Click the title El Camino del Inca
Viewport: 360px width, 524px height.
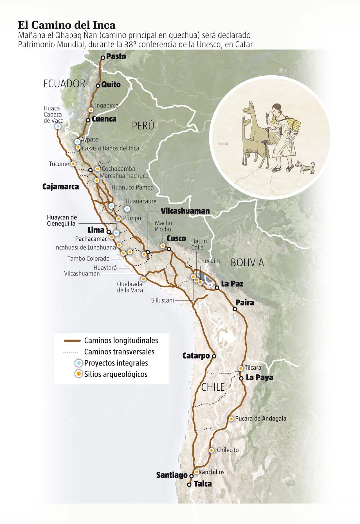click(x=66, y=25)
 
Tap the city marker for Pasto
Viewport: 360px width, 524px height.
click(x=103, y=57)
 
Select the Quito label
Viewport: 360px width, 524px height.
click(x=111, y=84)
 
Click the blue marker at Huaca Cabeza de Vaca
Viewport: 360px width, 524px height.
click(x=58, y=126)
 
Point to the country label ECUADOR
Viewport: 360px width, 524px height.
click(x=64, y=84)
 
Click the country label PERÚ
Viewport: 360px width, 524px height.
click(x=143, y=125)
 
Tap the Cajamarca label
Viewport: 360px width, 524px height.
click(x=61, y=187)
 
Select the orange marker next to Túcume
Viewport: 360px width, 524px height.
click(x=73, y=163)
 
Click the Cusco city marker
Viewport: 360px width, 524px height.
click(x=169, y=249)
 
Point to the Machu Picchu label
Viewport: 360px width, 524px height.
click(x=163, y=226)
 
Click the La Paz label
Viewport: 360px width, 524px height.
click(x=232, y=284)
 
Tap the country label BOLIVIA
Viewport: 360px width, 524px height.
click(x=247, y=263)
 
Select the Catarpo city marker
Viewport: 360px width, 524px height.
click(x=214, y=356)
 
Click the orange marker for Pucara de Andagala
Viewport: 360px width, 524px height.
click(x=231, y=419)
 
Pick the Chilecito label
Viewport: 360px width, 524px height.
click(x=228, y=450)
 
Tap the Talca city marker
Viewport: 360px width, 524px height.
click(x=189, y=484)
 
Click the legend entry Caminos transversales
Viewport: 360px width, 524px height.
click(x=119, y=352)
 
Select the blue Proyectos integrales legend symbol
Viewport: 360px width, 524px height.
click(x=79, y=363)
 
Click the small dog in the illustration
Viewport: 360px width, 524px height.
click(x=305, y=167)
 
